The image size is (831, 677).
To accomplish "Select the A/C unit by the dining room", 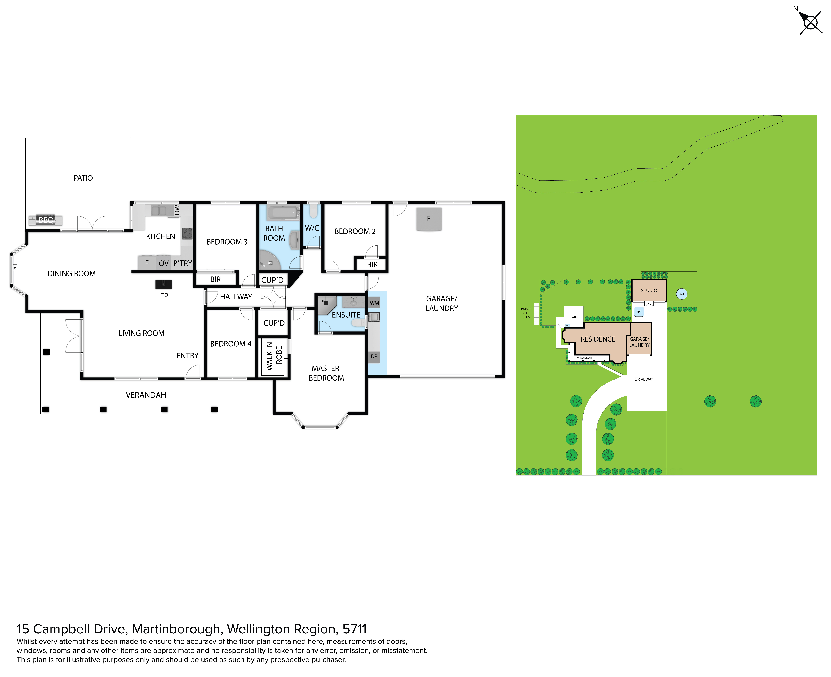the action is [x=15, y=269].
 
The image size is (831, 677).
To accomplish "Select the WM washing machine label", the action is [x=374, y=303].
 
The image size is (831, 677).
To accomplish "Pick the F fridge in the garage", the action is [x=429, y=219].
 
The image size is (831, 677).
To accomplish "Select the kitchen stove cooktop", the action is [x=187, y=234].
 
